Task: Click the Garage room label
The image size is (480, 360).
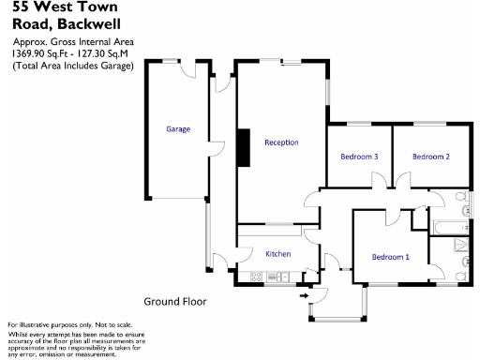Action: (179, 128)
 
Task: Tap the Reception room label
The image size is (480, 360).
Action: (281, 142)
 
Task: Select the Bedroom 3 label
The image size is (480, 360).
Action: (359, 157)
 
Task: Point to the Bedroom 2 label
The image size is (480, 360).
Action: (431, 157)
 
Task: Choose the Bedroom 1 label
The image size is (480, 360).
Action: (390, 257)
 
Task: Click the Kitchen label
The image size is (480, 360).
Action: (278, 254)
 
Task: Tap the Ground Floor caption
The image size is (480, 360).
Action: (174, 302)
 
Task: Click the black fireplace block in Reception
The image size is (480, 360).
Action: (241, 145)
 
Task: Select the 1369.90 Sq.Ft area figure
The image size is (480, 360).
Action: (38, 54)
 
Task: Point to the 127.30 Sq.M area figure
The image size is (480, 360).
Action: (105, 54)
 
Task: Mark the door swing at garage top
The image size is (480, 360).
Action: (190, 70)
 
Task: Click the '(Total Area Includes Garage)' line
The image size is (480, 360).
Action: (72, 66)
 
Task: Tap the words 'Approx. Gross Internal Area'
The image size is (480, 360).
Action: (73, 42)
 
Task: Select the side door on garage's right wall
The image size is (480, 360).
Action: (214, 151)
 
